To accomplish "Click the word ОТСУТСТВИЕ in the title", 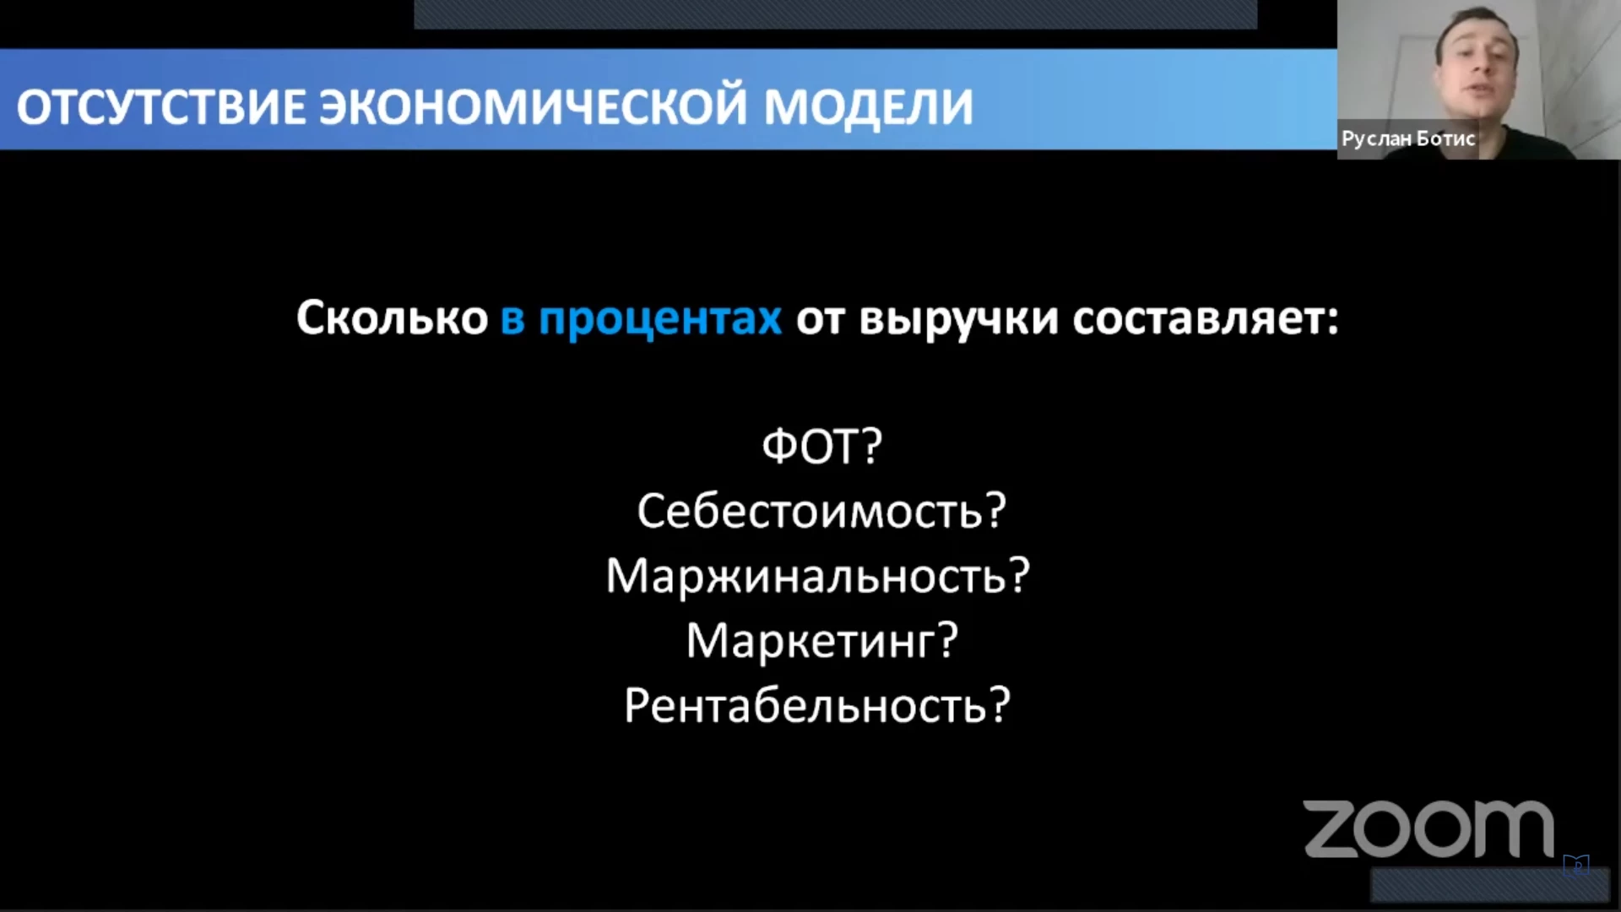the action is coord(160,106).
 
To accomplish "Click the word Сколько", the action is coord(392,318).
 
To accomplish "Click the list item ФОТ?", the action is coord(821,446).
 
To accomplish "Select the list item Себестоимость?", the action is coord(821,511).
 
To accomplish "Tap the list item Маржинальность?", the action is coord(818,576).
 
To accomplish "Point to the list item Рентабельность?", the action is coord(817,706).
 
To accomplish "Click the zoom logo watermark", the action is coord(1429,829).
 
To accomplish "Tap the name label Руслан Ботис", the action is coord(1408,138).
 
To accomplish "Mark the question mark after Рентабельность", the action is coord(1000,706).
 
